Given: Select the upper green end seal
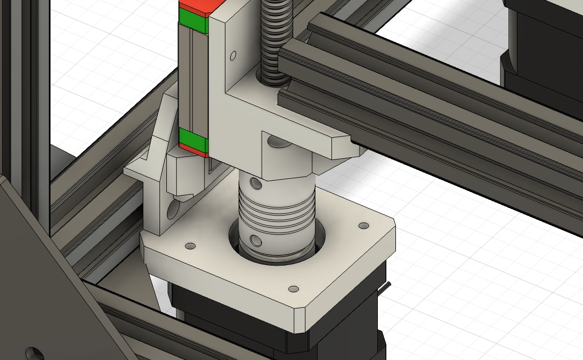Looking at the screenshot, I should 194,21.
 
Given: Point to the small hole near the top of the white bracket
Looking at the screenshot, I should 233,55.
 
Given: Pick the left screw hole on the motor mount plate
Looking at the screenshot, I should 189,246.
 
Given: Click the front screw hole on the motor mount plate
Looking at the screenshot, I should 293,289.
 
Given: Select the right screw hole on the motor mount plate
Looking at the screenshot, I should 364,226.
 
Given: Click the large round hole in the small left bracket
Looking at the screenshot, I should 173,211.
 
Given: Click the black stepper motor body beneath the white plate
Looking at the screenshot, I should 224,320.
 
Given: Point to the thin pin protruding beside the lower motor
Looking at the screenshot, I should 389,288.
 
